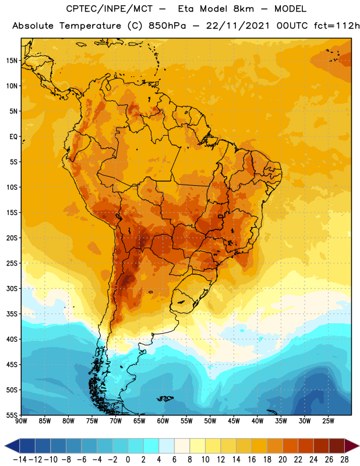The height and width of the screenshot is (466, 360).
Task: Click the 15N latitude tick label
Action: pyautogui.click(x=12, y=61)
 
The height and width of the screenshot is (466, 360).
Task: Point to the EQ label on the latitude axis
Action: pyautogui.click(x=13, y=137)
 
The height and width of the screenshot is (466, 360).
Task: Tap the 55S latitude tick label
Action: pyautogui.click(x=12, y=415)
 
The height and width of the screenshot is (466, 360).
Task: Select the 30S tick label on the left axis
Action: pyautogui.click(x=12, y=288)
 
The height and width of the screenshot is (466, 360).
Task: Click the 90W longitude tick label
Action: pyautogui.click(x=22, y=421)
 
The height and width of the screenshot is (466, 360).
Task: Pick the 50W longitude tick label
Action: pyautogui.click(x=210, y=421)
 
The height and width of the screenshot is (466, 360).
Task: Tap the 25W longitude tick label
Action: pyautogui.click(x=328, y=421)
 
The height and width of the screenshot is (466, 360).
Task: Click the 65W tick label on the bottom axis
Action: pyautogui.click(x=139, y=421)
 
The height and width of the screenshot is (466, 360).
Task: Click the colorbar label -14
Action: pyautogui.click(x=20, y=460)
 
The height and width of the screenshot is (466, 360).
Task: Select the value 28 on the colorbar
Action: pyautogui.click(x=344, y=460)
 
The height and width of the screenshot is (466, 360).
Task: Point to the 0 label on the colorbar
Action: pyautogui.click(x=128, y=460)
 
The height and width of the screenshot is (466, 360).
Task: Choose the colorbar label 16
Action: pyautogui.click(x=252, y=460)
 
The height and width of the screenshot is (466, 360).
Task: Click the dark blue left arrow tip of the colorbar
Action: pyautogui.click(x=5, y=446)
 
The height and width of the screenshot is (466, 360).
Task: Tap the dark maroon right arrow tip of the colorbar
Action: pyautogui.click(x=359, y=446)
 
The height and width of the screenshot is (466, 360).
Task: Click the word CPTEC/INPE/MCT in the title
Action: pyautogui.click(x=110, y=9)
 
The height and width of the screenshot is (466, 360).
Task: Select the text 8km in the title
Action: pyautogui.click(x=243, y=9)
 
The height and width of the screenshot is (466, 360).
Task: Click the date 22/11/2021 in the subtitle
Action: pyautogui.click(x=238, y=26)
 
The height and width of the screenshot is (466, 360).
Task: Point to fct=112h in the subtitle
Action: pyautogui.click(x=337, y=26)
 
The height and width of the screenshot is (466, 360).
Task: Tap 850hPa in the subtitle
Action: pyautogui.click(x=167, y=26)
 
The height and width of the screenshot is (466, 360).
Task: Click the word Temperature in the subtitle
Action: pyautogui.click(x=90, y=26)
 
